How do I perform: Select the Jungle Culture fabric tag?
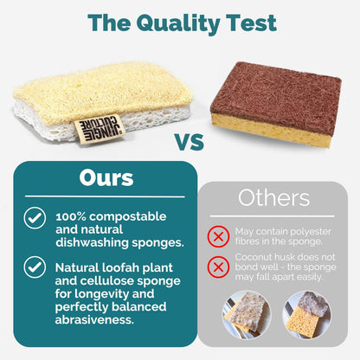coord(107,128)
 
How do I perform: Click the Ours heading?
coord(105,178)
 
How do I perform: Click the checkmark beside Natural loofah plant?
coord(35,268)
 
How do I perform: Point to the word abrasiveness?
coord(96,320)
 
